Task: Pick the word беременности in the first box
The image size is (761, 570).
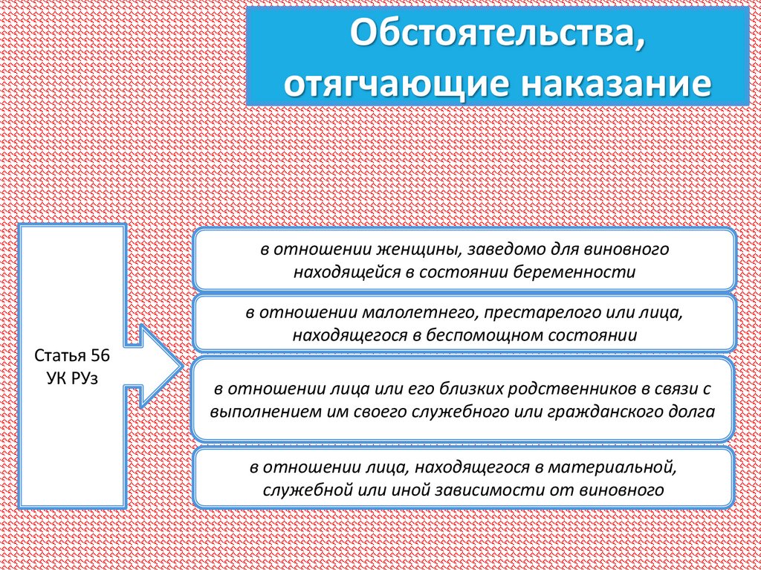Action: click(590, 271)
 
